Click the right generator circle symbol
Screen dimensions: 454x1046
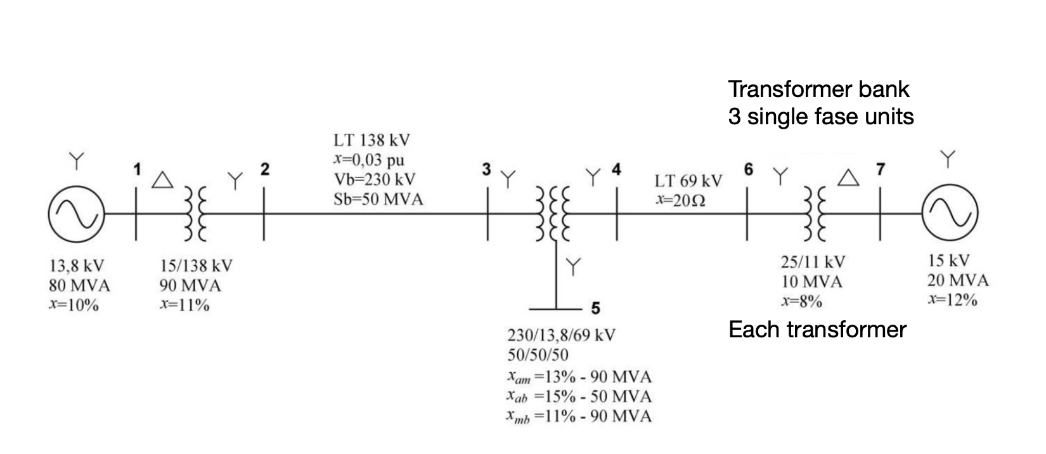tap(949, 216)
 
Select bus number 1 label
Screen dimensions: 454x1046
tap(136, 169)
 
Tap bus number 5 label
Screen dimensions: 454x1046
tap(595, 309)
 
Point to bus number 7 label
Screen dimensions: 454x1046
tap(881, 169)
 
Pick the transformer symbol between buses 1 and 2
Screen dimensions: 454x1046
tap(195, 214)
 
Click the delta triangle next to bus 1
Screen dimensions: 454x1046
tap(163, 180)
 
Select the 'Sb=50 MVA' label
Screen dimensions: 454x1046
tap(378, 199)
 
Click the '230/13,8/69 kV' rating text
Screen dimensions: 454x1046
tap(561, 335)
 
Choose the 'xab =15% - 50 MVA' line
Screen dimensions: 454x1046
tap(579, 397)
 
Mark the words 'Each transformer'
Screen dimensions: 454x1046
tap(817, 330)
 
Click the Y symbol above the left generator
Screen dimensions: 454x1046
tap(76, 160)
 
